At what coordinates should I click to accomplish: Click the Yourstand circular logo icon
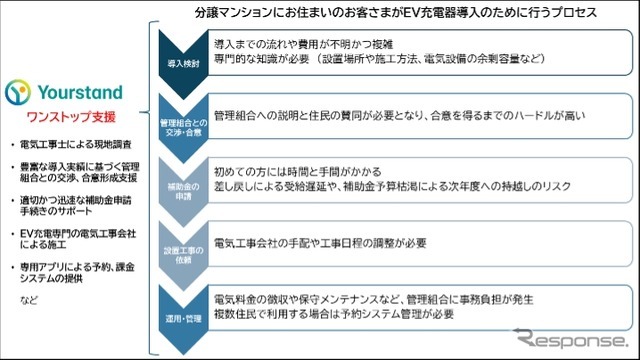[20, 93]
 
